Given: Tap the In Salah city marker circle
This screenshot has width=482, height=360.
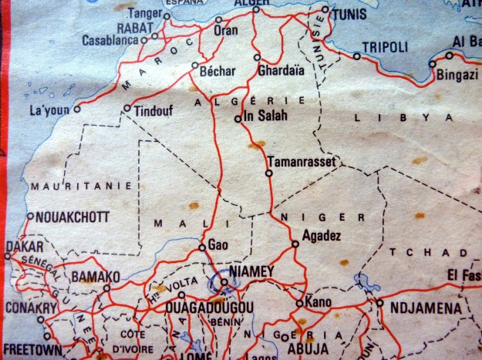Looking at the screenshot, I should [x=238, y=119].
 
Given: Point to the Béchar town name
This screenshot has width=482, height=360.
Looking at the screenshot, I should [x=217, y=70].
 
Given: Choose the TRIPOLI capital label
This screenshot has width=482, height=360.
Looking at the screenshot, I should [x=385, y=47].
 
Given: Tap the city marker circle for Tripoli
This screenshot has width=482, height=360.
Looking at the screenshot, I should [x=356, y=56].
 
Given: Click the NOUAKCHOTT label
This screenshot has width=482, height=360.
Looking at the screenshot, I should [x=69, y=217].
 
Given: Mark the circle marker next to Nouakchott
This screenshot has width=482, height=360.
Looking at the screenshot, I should [x=30, y=216].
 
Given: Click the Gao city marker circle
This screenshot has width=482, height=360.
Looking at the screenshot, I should [x=202, y=247].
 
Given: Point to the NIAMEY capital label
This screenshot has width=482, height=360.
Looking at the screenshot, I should [x=252, y=271].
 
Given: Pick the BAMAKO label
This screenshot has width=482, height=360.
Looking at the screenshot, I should [x=95, y=276].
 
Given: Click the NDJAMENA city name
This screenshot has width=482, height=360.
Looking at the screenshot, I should [x=426, y=308].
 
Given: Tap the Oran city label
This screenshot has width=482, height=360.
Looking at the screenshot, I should [x=225, y=31].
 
